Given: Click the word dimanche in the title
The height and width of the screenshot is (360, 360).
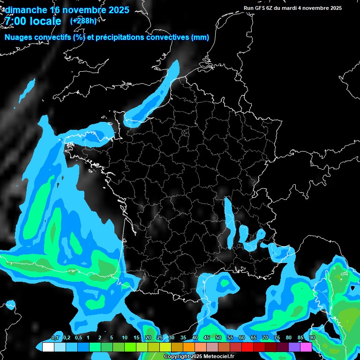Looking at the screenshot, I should click(x=26, y=10).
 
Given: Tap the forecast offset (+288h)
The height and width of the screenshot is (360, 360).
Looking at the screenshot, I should click(x=83, y=21).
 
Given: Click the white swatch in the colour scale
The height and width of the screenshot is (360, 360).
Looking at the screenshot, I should click(x=48, y=347).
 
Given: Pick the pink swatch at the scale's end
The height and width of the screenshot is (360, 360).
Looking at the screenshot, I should click(x=306, y=347).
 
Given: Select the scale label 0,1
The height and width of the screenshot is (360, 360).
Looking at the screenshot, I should click(x=55, y=338).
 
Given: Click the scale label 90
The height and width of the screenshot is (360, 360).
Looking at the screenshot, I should click(x=312, y=338).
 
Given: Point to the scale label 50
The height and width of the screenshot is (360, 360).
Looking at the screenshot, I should click(x=218, y=338).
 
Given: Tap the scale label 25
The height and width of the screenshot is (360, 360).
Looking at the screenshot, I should click(x=160, y=338).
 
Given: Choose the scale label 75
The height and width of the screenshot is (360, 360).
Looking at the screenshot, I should click(x=277, y=338).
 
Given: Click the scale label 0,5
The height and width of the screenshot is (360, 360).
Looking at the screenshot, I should click(x=78, y=338).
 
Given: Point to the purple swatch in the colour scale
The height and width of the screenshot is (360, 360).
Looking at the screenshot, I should click(x=294, y=347).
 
